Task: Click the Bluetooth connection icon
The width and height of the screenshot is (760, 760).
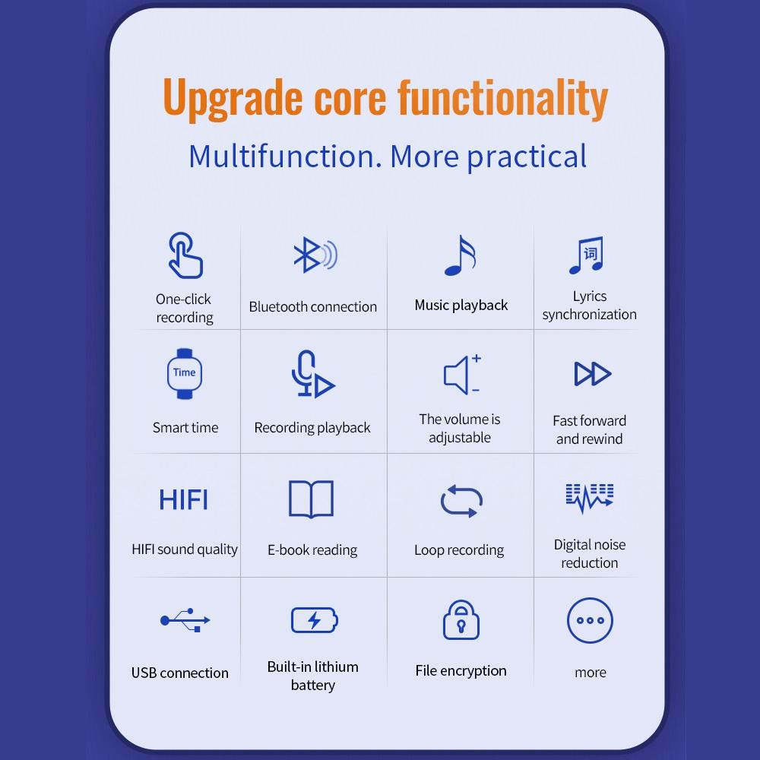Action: point(314,256)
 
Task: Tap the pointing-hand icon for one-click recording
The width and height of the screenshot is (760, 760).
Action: point(185,255)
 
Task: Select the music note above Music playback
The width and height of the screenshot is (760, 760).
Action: point(460,255)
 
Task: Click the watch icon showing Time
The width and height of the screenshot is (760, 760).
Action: point(184,373)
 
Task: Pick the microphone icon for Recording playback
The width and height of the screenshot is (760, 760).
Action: point(312,374)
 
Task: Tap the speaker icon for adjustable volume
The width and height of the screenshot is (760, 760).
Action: point(461,374)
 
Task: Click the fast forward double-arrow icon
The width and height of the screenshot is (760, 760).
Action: point(592,374)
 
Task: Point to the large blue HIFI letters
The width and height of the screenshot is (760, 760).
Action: point(184,499)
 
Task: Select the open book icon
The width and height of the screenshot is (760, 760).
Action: point(312,499)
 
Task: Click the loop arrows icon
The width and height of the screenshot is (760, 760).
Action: point(461,501)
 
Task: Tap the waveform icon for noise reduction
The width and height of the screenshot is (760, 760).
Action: point(590,498)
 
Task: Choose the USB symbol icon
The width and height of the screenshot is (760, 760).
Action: point(185,620)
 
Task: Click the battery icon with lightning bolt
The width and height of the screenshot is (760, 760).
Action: point(314,620)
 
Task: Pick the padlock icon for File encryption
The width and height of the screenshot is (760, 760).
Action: point(461,620)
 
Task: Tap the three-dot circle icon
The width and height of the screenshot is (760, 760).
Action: point(591,621)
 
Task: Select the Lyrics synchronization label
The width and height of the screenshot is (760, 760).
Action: point(590,305)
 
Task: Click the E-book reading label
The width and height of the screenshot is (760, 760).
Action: point(312,549)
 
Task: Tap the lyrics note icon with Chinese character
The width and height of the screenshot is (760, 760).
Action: point(587,255)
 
